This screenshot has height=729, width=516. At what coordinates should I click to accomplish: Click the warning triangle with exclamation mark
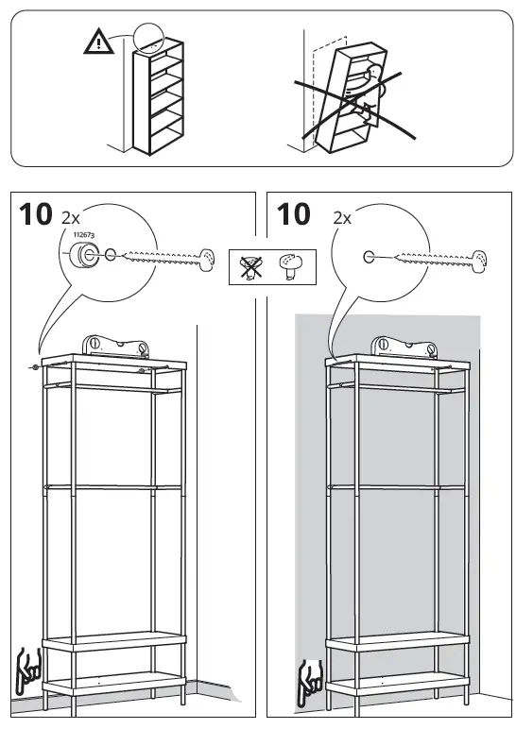[x=96, y=42]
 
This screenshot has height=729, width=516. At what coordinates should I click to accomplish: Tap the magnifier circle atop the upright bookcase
[x=148, y=38]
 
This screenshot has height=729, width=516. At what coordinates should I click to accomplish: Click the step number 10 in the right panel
[x=294, y=215]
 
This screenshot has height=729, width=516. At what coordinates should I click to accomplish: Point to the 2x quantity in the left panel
[x=71, y=218]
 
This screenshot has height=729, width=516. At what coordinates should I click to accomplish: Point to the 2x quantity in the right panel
[x=341, y=218]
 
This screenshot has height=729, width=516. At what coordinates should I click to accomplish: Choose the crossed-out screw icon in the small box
[x=250, y=266]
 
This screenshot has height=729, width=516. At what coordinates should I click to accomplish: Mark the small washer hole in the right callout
[x=369, y=256]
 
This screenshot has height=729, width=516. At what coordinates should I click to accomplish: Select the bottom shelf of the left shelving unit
[x=114, y=681]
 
